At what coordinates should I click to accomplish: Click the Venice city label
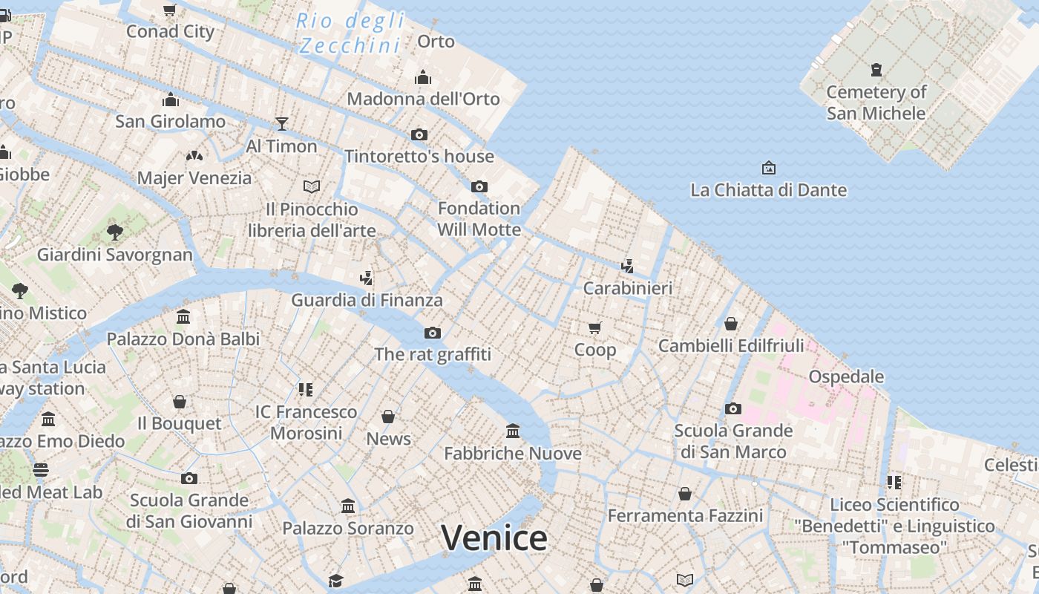pyautogui.click(x=494, y=538)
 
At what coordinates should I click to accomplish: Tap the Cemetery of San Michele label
pyautogui.click(x=876, y=102)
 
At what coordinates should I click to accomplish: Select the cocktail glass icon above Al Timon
pyautogui.click(x=282, y=123)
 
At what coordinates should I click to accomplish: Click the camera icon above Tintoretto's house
pyautogui.click(x=419, y=134)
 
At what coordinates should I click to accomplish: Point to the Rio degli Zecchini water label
pyautogui.click(x=350, y=33)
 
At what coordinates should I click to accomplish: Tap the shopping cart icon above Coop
pyautogui.click(x=594, y=327)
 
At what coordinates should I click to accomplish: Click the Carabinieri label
pyautogui.click(x=628, y=288)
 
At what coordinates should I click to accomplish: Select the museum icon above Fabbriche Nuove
pyautogui.click(x=512, y=431)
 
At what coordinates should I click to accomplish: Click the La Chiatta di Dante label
pyautogui.click(x=768, y=190)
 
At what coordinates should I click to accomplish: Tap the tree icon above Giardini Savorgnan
pyautogui.click(x=114, y=232)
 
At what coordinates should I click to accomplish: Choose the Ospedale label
pyautogui.click(x=846, y=376)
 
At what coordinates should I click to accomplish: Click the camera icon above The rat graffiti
pyautogui.click(x=433, y=333)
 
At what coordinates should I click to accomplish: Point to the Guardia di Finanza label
pyautogui.click(x=367, y=300)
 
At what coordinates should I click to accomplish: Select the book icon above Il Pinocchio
pyautogui.click(x=312, y=186)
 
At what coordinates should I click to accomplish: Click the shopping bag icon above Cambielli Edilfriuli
pyautogui.click(x=731, y=324)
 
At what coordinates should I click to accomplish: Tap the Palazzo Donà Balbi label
pyautogui.click(x=183, y=339)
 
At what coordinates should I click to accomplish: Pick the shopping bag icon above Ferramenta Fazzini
pyautogui.click(x=685, y=494)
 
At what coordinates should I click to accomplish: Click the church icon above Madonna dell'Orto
pyautogui.click(x=423, y=77)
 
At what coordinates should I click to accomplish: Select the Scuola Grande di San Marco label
pyautogui.click(x=733, y=441)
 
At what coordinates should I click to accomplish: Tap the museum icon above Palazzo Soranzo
pyautogui.click(x=347, y=506)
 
